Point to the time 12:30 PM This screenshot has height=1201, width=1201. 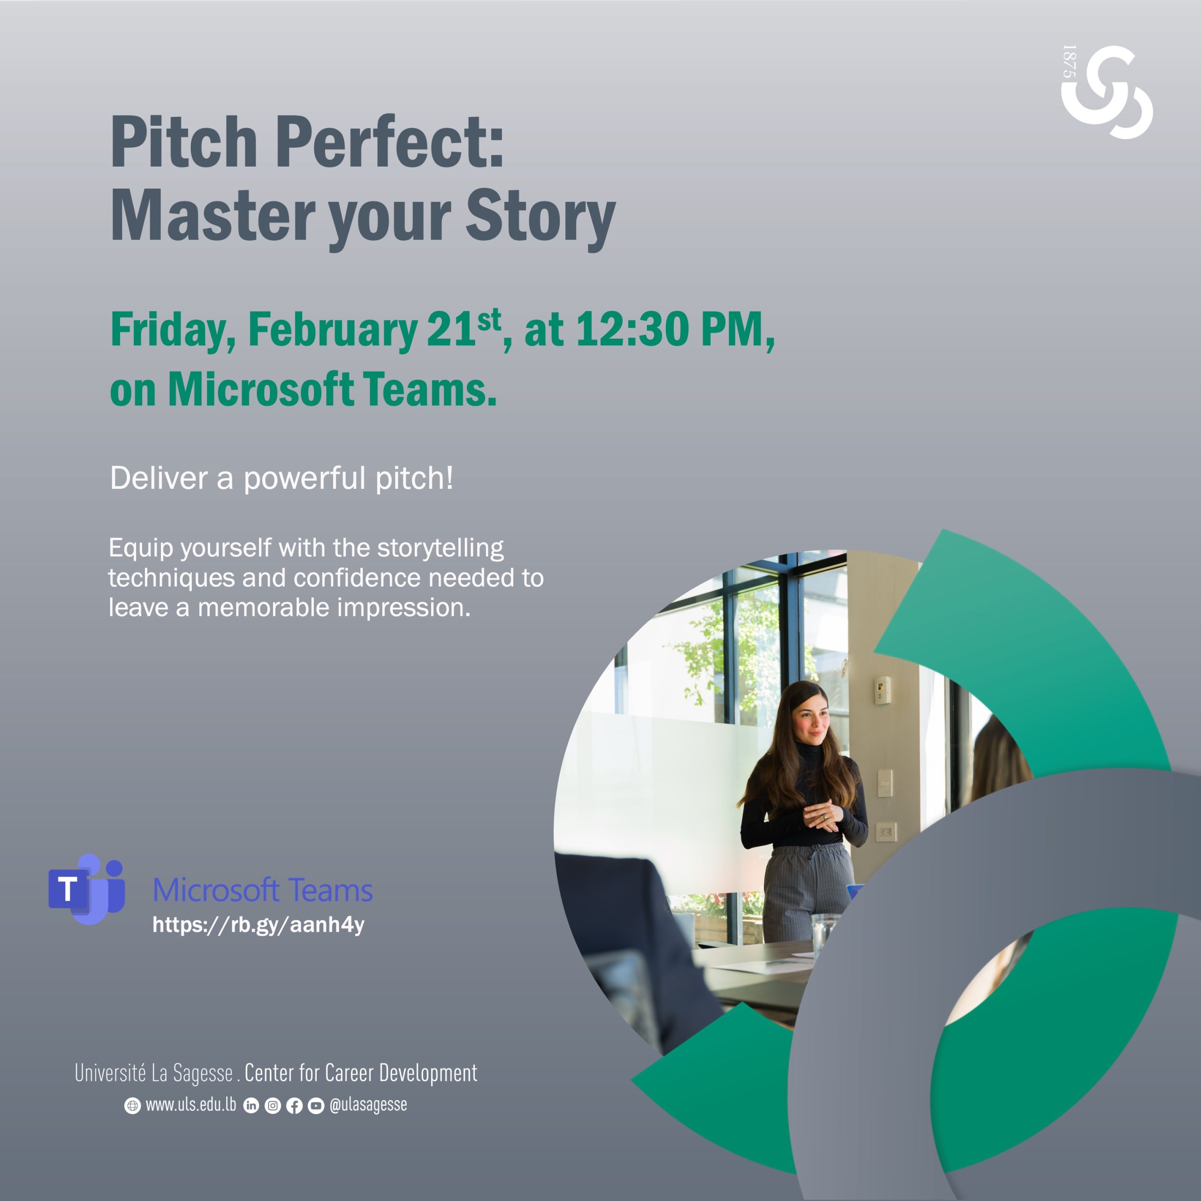coord(676,329)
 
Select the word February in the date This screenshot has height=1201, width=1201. coord(333,330)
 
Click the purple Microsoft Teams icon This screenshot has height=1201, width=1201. coord(87,889)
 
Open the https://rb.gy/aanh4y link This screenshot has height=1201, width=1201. coord(258,925)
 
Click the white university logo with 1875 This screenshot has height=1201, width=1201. coord(1107,92)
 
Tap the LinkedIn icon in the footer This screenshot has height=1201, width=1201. coord(251,1105)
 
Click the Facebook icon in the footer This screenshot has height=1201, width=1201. coord(295,1105)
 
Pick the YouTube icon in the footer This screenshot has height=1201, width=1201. coord(316,1105)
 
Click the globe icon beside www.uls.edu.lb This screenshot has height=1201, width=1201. coord(132,1105)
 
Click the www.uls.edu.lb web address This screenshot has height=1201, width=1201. coord(191,1104)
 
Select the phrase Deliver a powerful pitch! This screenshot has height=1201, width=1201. coord(281,479)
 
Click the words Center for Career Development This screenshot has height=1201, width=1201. coord(361,1072)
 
